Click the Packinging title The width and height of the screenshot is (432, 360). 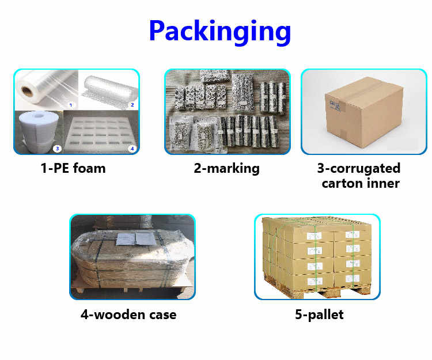[219, 31]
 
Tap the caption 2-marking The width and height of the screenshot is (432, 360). [226, 169]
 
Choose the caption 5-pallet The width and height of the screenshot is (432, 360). [317, 315]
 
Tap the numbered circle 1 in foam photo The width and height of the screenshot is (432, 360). [70, 105]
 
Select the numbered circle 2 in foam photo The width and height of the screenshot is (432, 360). [132, 105]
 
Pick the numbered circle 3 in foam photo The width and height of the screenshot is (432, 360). [56, 149]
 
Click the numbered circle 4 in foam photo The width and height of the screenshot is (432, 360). [132, 149]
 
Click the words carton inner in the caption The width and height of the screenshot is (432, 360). [361, 184]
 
